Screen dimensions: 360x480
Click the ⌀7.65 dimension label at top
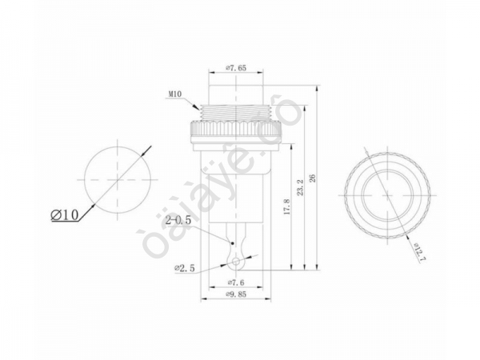236,68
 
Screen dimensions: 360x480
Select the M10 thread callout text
177,95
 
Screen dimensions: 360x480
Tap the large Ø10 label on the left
66,215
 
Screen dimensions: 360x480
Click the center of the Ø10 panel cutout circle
117,181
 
